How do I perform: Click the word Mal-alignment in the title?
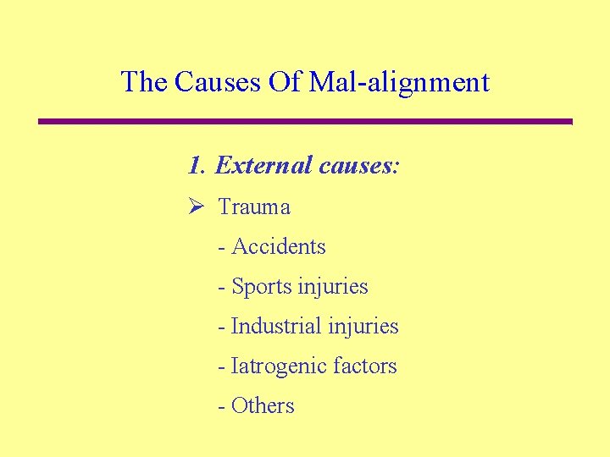(399, 82)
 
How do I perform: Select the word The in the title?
(144, 82)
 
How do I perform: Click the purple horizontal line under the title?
(305, 122)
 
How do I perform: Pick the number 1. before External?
(197, 165)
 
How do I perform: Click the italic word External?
(264, 165)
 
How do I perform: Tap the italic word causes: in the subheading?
(359, 165)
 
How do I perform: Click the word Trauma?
(254, 206)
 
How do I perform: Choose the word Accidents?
(278, 246)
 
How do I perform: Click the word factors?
(364, 366)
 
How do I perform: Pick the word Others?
(263, 405)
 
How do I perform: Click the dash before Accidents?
(222, 247)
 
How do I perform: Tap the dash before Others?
(222, 406)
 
